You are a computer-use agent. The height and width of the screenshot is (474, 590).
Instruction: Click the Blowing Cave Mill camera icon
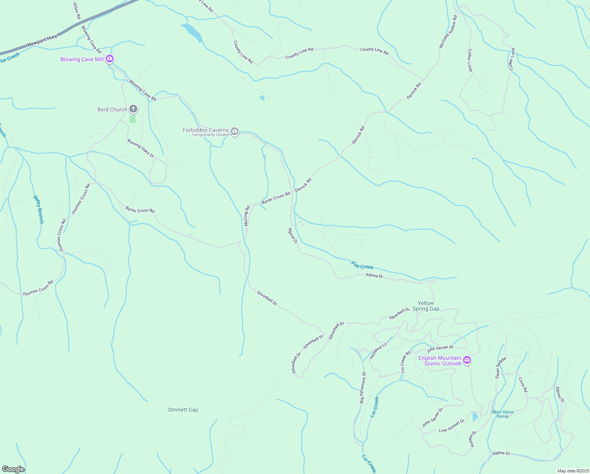pos(110,59)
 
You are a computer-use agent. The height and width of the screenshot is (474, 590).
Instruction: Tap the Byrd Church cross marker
pos(133,109)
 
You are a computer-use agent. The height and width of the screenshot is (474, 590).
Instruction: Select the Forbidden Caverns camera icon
pos(235,131)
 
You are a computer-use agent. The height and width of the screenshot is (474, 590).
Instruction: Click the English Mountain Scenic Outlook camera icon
pos(467,360)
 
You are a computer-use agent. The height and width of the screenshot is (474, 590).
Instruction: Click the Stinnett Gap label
pos(183,410)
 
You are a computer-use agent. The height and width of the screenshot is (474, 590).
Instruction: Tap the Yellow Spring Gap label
pos(426,306)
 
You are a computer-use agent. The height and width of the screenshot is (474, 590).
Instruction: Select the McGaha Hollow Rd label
pos(448,32)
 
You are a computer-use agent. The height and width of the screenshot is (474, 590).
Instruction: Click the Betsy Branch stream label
pos(38,209)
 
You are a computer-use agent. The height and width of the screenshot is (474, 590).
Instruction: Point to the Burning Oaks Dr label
pos(140,149)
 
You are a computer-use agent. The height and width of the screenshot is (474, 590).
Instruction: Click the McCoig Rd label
pos(247,216)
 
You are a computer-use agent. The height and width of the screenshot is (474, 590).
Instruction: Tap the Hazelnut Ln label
pos(378,351)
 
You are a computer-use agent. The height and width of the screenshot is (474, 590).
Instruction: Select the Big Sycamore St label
pos(362,387)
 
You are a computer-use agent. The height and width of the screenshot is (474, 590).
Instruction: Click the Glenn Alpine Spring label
pos(502,414)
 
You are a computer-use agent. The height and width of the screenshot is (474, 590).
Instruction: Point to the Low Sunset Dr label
pos(452,425)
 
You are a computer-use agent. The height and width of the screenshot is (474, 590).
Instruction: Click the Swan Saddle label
pos(500,367)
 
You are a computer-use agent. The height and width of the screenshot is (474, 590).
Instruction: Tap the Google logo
pos(13,469)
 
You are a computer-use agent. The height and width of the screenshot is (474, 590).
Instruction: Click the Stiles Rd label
pos(77,11)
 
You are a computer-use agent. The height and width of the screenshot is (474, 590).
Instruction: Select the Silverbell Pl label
pos(313,342)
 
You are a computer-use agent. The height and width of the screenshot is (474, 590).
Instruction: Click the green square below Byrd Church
pos(133,119)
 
